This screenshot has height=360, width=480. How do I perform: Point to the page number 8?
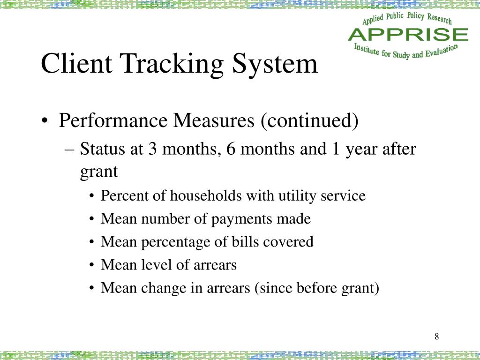pos(436,337)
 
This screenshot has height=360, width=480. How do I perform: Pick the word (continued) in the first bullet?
pos(309,121)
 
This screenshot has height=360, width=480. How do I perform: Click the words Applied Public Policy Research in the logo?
pos(407,19)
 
